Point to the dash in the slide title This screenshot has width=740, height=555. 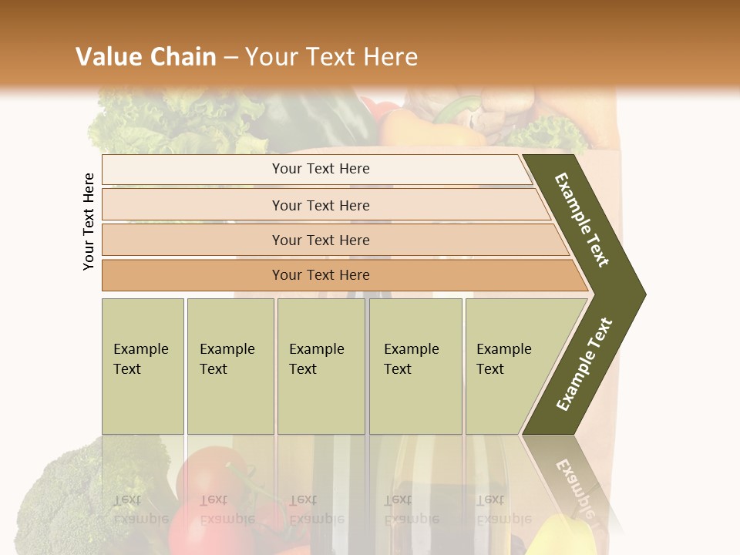(x=230, y=58)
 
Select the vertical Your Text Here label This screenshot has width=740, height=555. (x=89, y=221)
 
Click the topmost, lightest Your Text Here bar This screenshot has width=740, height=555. (x=320, y=169)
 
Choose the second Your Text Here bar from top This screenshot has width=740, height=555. (x=320, y=205)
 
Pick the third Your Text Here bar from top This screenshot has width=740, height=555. (x=320, y=240)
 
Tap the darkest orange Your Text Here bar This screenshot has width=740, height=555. (x=320, y=275)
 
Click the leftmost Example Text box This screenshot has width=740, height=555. (x=143, y=365)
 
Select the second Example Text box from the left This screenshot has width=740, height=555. (x=230, y=365)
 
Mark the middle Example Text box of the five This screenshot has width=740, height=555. (x=321, y=365)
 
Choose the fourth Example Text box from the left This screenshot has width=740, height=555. (x=415, y=365)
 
